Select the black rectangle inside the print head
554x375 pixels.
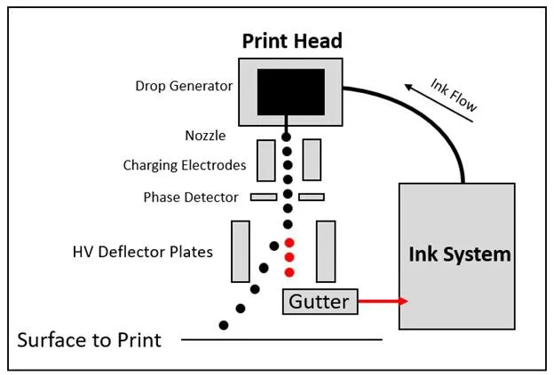click(290, 92)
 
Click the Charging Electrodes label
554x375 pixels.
click(185, 165)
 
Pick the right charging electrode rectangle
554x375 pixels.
click(311, 160)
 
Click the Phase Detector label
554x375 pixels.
click(191, 197)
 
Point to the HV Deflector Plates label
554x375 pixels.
click(143, 252)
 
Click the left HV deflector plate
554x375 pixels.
click(240, 251)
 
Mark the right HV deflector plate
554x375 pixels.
click(325, 251)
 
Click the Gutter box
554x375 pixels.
click(320, 301)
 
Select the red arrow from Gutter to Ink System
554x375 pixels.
click(382, 301)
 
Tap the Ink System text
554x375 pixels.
click(459, 254)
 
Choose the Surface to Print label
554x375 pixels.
click(90, 340)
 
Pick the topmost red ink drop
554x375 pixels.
click(289, 242)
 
